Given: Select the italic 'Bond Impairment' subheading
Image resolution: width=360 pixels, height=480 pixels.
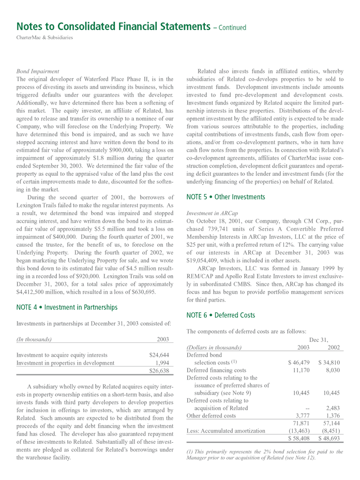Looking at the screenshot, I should [38, 71].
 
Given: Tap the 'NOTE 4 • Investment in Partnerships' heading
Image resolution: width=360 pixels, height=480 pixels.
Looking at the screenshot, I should [67, 307].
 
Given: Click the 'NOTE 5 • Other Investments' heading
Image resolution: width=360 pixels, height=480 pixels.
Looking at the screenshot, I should [226, 197].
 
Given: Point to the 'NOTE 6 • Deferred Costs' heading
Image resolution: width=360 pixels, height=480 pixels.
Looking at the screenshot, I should [220, 315].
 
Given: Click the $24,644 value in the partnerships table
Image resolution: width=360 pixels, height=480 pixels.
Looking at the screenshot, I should [159, 355].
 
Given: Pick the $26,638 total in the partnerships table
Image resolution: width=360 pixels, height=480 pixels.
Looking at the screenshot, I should [159, 371].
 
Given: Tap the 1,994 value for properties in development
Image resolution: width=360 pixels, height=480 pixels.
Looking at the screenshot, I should [162, 363].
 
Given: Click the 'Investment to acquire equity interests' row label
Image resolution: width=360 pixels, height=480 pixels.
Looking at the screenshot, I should [62, 355].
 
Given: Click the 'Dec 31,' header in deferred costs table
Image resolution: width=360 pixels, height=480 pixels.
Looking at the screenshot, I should [319, 339].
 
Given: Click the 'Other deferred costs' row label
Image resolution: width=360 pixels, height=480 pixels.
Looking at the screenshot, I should [211, 415].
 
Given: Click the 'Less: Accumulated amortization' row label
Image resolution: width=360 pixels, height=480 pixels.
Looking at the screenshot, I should [226, 430].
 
